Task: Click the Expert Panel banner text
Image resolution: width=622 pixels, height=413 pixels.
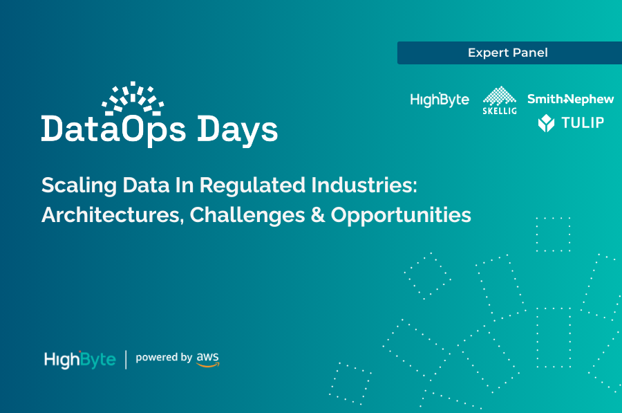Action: click(508, 53)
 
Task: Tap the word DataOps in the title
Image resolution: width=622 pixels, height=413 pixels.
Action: click(113, 129)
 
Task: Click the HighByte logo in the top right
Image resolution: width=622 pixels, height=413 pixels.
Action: click(440, 100)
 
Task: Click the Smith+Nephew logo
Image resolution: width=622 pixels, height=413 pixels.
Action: click(570, 99)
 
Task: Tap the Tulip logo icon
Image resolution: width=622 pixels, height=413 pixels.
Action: click(547, 123)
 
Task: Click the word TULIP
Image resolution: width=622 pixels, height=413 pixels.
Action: click(582, 123)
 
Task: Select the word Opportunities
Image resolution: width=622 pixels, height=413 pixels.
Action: click(401, 215)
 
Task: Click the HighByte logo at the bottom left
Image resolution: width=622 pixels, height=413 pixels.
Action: click(79, 360)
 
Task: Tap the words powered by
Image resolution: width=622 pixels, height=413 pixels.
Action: click(164, 358)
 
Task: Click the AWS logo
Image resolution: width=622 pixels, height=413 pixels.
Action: click(207, 359)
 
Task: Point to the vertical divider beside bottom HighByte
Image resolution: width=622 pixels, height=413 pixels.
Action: click(126, 360)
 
